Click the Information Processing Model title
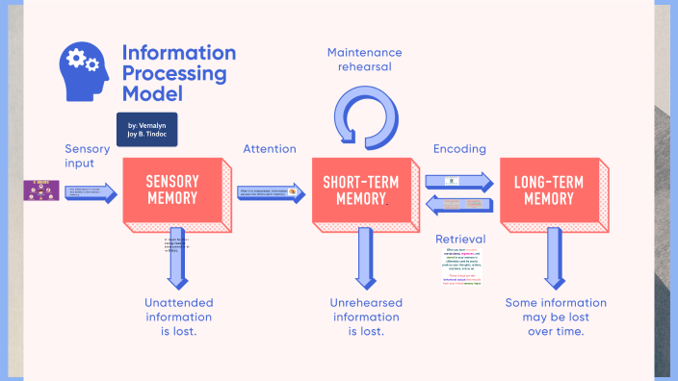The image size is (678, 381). point(178,73)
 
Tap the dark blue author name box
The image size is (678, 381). point(146,130)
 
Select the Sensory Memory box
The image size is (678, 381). point(172,190)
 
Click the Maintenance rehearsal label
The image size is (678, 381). point(364,61)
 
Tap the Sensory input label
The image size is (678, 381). point(88,156)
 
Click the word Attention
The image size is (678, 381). point(270,149)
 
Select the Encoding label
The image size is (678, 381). point(459,149)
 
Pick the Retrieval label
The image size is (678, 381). point(459,239)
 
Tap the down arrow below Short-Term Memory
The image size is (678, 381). point(365,257)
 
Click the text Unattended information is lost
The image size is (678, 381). point(178,317)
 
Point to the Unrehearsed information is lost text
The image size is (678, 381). point(366,317)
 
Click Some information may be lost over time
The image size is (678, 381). point(556,317)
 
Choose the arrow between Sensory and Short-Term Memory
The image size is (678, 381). point(272,193)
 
